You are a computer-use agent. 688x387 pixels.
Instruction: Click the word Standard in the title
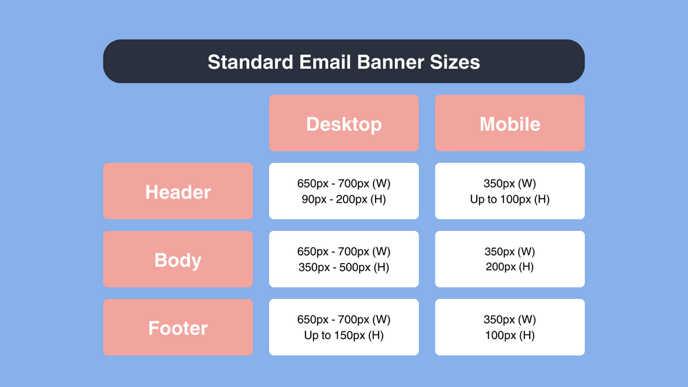250,62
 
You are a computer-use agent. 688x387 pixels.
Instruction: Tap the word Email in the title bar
325,62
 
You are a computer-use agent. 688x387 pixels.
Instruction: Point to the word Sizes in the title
455,62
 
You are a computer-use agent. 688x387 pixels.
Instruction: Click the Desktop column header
343,124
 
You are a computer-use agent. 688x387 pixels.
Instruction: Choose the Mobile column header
509,124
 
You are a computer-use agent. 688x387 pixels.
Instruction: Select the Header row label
178,192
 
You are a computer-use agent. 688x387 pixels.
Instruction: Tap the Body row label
178,260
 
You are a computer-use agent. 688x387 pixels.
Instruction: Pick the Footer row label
178,328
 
